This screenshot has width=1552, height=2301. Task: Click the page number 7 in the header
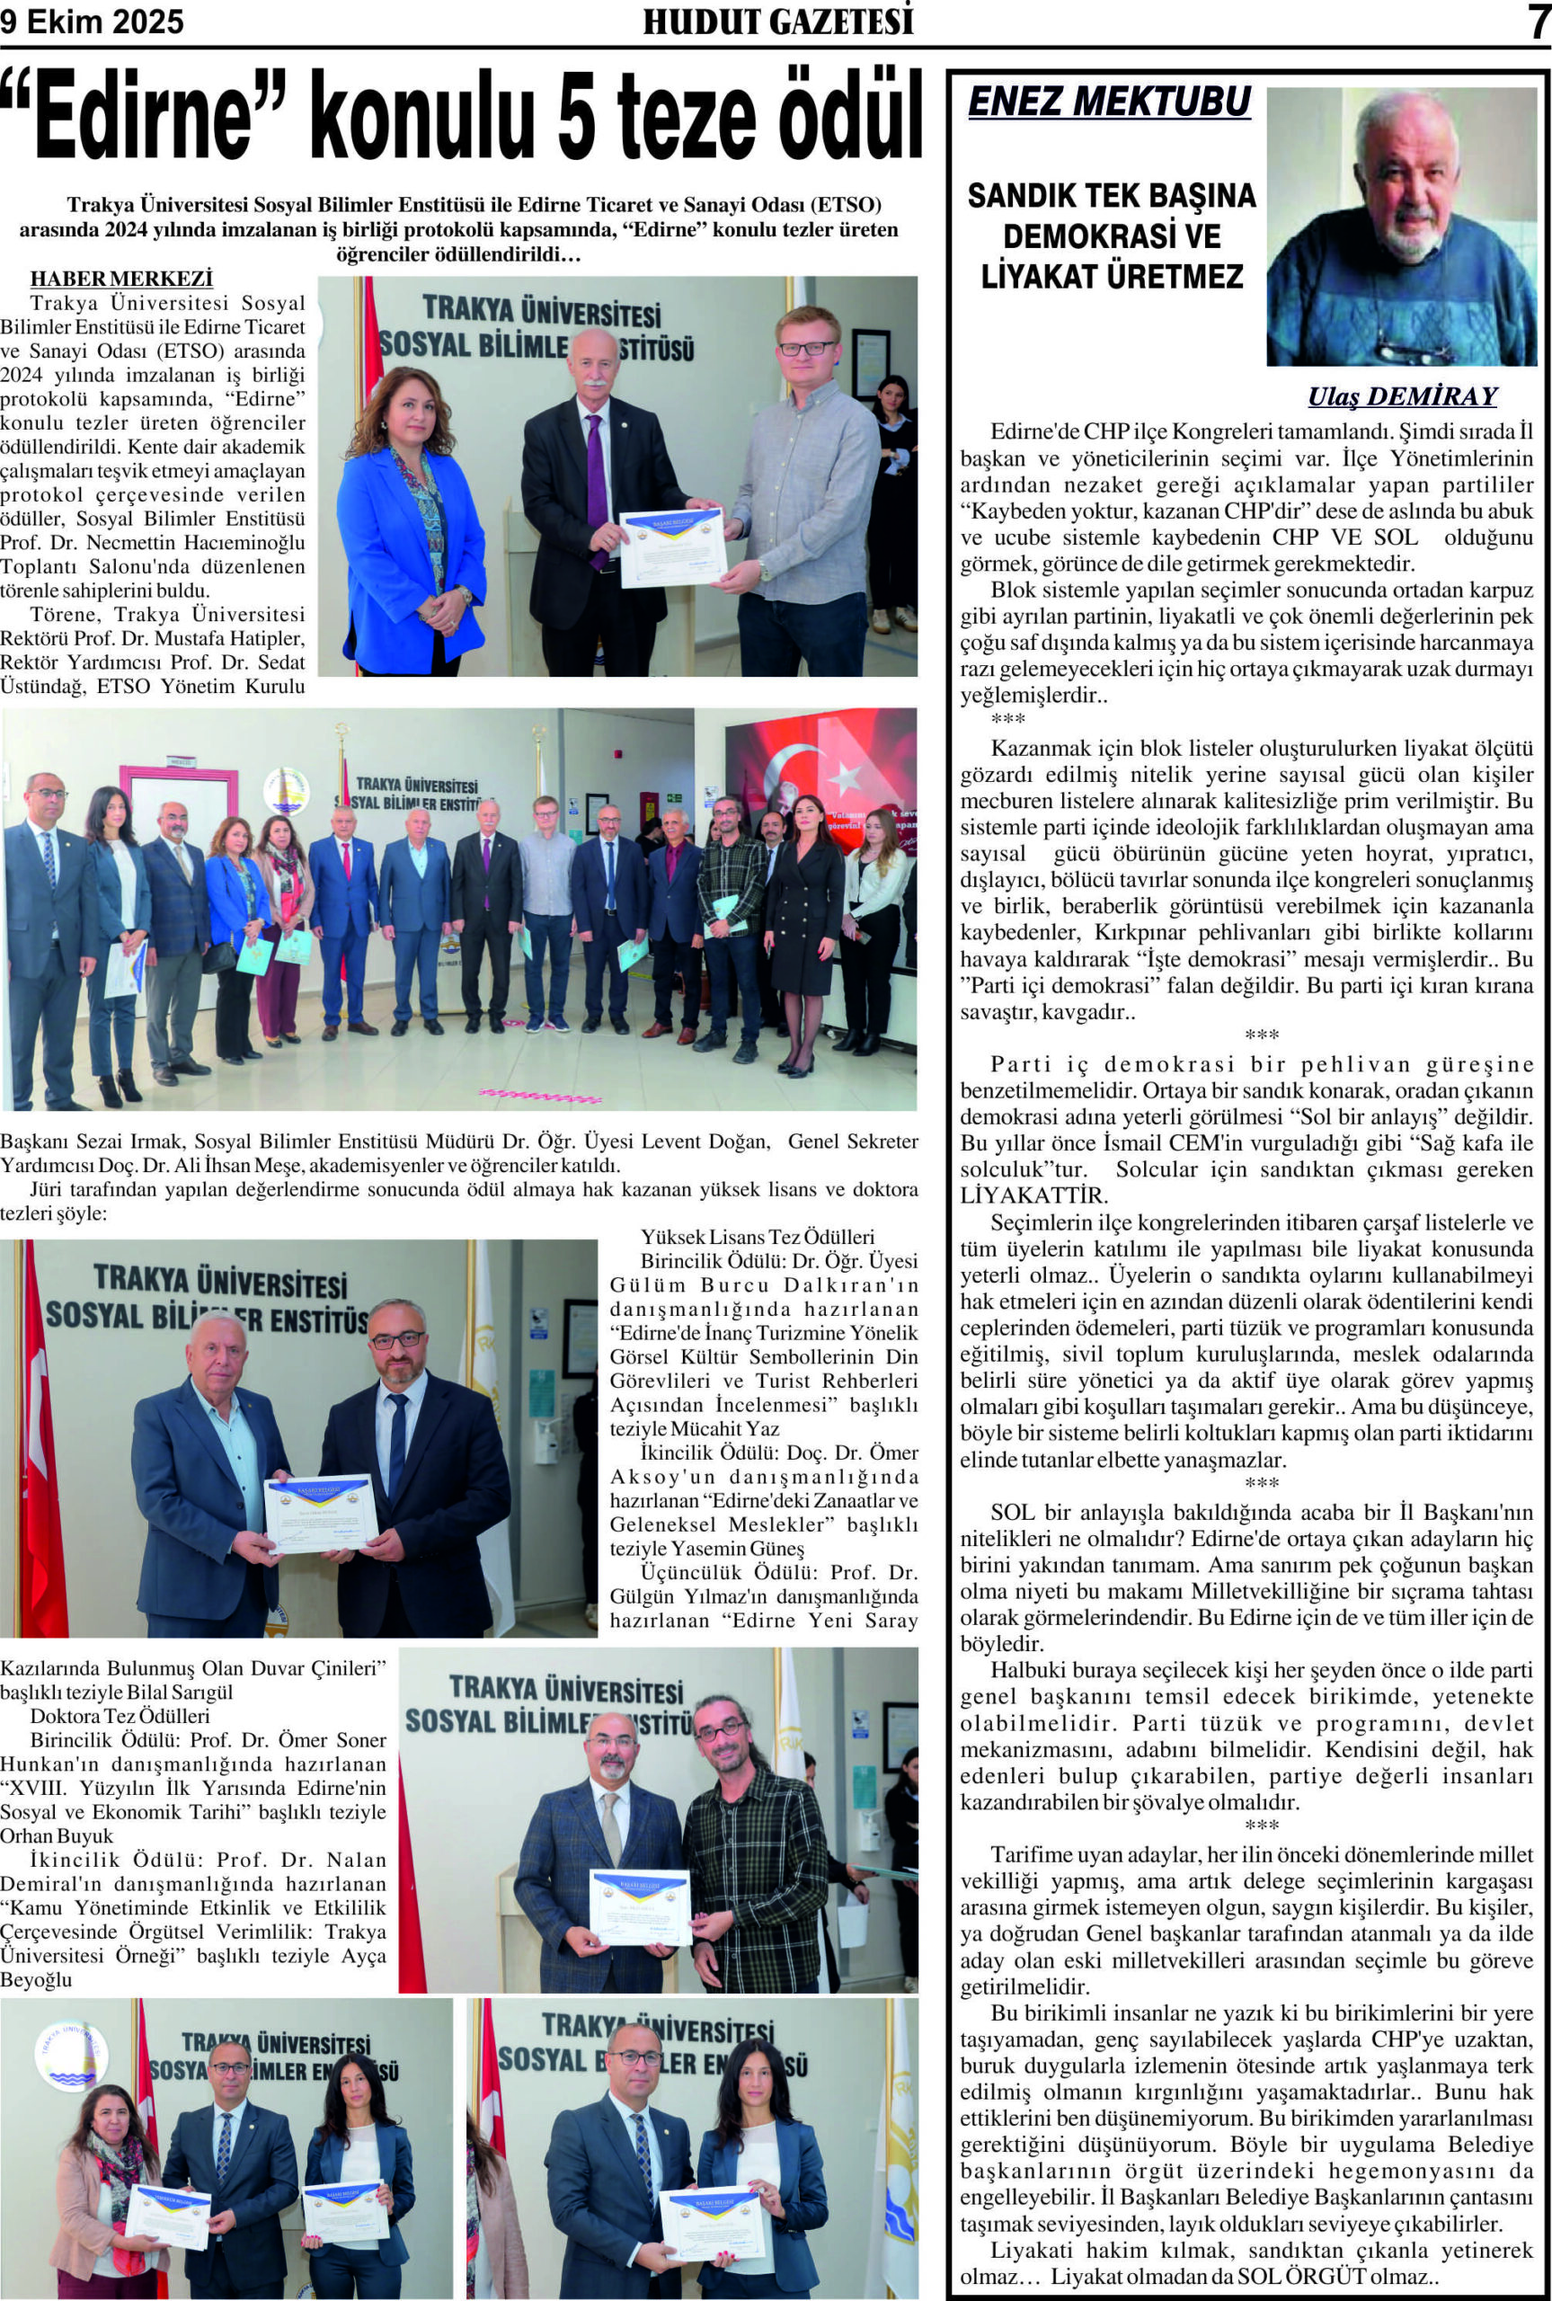click(1537, 22)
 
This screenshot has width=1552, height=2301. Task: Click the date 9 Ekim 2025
click(92, 22)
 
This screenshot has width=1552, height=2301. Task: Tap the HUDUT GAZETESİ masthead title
click(777, 22)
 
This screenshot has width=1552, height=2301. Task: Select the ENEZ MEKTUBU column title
click(1109, 102)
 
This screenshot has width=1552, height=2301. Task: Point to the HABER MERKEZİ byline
click(121, 280)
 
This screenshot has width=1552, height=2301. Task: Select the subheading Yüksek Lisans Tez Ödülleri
click(758, 1236)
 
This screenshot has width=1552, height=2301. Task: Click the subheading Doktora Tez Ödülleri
click(120, 1716)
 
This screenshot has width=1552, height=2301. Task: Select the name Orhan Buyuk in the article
click(57, 1835)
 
